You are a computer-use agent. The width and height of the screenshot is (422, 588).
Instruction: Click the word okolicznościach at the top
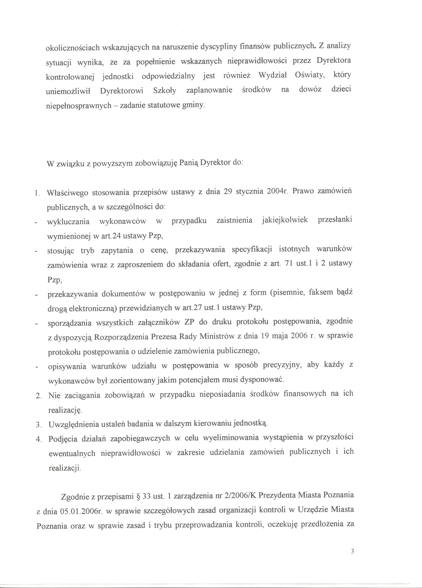pos(73,47)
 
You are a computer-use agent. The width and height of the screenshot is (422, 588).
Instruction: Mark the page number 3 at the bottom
pos(352,557)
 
